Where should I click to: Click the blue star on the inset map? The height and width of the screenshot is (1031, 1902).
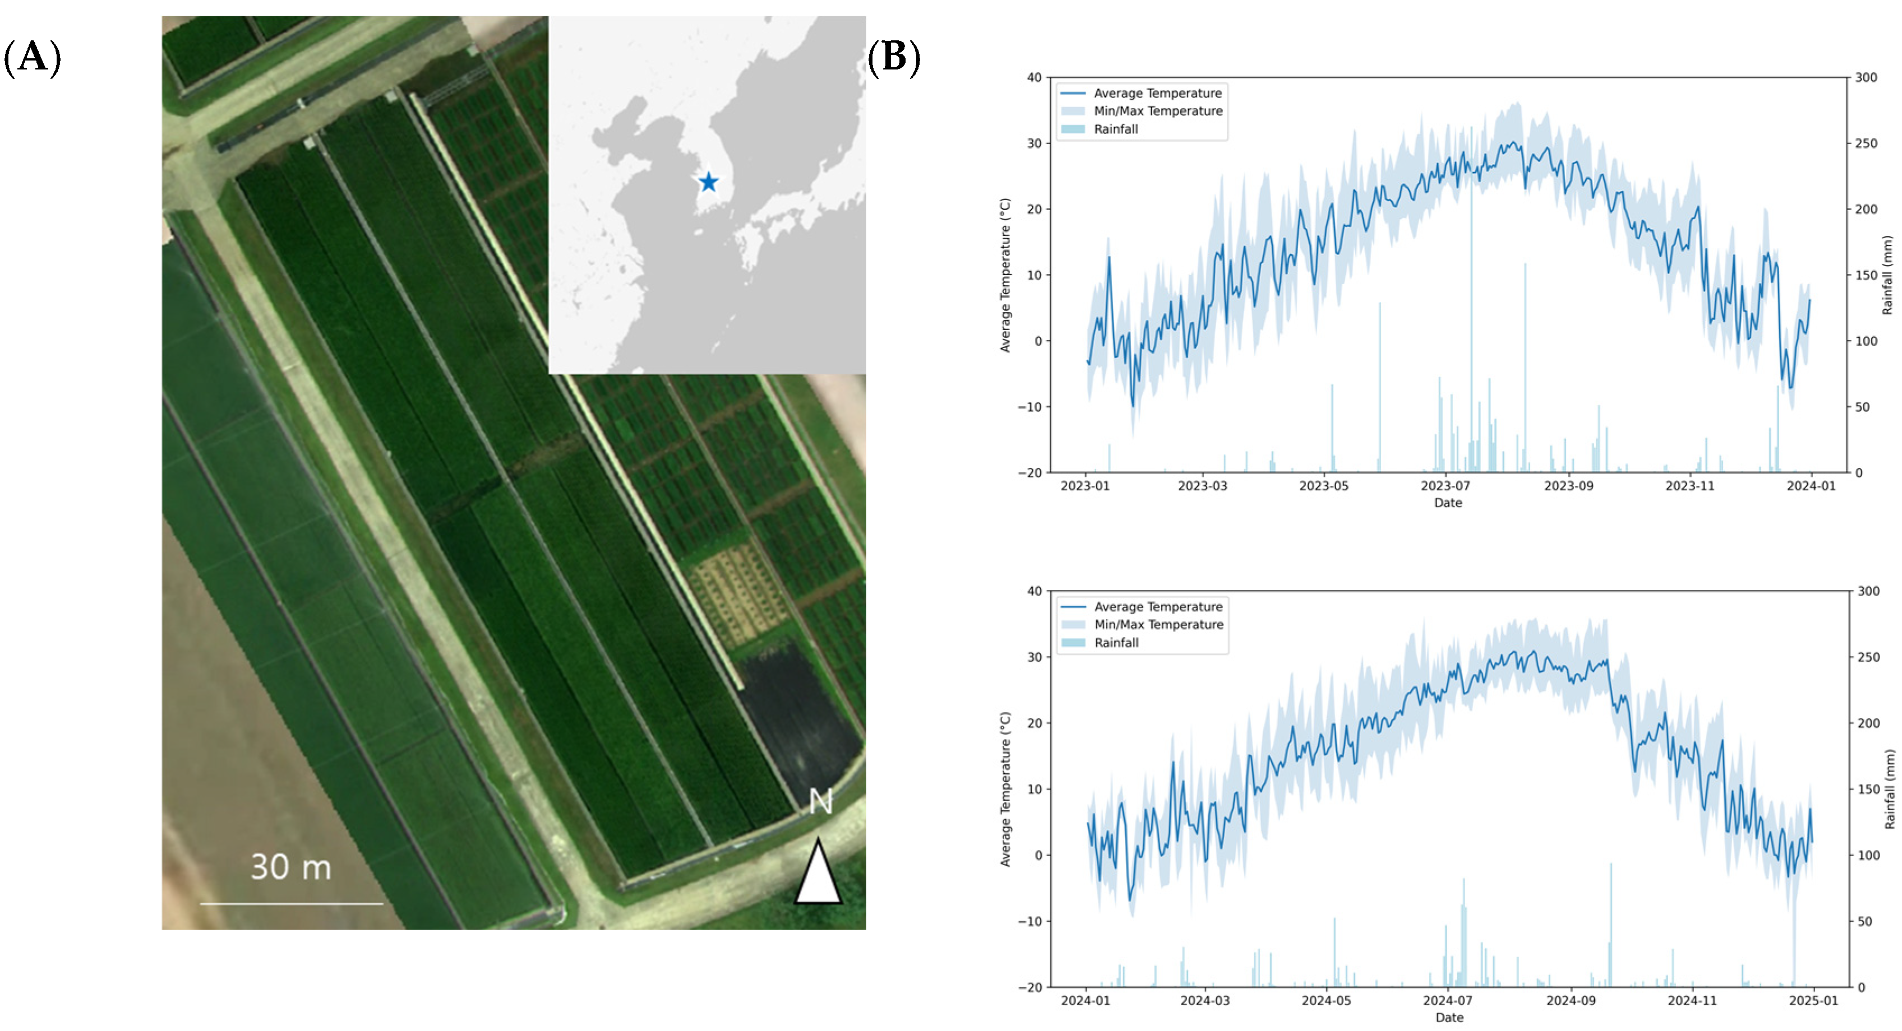(x=708, y=182)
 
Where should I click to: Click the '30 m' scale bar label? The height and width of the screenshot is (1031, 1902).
(x=291, y=867)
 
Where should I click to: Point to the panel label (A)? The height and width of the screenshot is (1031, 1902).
(x=33, y=57)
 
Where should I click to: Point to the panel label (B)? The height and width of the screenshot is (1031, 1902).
(x=893, y=57)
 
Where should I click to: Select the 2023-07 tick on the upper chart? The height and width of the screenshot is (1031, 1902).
(x=1445, y=486)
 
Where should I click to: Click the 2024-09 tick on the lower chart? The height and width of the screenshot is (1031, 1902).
(x=1571, y=1001)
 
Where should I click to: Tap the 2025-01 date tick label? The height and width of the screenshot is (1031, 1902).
(x=1813, y=1001)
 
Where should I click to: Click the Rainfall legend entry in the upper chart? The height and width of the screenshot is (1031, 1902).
(x=1115, y=129)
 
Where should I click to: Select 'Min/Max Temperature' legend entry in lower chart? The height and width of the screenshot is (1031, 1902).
(x=1158, y=624)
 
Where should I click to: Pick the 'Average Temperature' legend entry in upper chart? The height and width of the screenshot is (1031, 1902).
(x=1157, y=93)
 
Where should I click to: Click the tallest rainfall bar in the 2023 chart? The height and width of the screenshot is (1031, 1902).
(x=1470, y=295)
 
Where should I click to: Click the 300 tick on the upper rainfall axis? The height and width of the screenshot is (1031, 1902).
(x=1866, y=77)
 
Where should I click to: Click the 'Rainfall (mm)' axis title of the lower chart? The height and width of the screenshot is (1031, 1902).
(x=1889, y=789)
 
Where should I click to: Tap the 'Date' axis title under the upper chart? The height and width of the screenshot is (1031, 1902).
(x=1447, y=503)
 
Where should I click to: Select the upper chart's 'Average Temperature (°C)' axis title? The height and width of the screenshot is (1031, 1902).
(x=1004, y=275)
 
